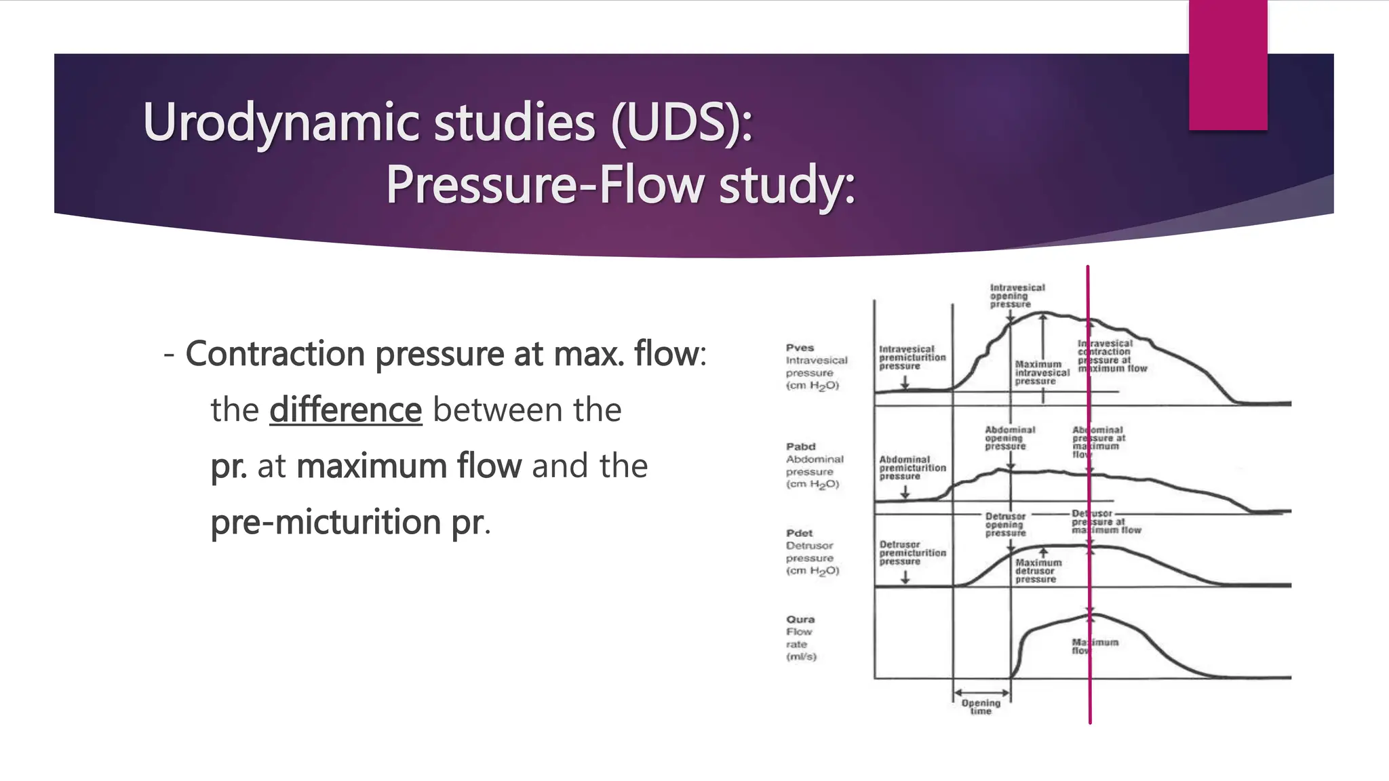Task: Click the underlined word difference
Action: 345,410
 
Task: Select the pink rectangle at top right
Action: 1228,64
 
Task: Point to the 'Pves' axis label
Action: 800,348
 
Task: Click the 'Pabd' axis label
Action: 801,447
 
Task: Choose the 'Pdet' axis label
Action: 800,534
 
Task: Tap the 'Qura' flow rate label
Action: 801,620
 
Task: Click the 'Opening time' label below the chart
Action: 981,707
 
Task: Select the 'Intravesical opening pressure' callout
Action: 1017,296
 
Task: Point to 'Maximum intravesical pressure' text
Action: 1041,373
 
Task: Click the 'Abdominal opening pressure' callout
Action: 1009,438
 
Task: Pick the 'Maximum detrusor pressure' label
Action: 1038,571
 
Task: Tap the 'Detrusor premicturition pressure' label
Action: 912,553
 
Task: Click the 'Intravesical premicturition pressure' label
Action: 912,357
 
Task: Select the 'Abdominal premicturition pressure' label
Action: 912,468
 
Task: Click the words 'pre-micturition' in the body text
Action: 326,522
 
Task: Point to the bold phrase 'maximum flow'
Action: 409,466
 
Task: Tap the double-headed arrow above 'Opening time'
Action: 981,692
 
